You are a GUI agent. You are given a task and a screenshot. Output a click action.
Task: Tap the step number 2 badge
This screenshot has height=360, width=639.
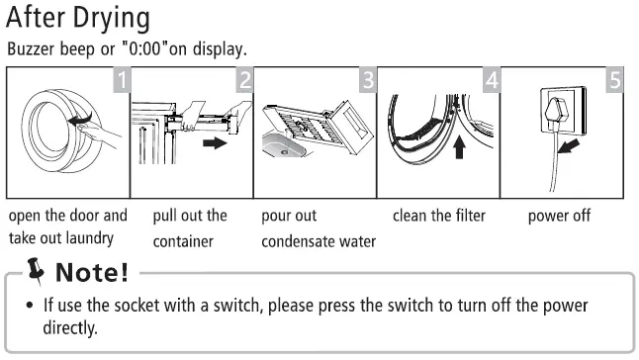(244, 78)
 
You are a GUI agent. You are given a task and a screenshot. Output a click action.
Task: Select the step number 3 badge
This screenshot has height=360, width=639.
(368, 78)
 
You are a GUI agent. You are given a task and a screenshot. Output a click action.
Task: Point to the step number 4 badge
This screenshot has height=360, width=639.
(491, 78)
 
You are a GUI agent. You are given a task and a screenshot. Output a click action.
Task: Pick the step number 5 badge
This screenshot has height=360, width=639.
(613, 78)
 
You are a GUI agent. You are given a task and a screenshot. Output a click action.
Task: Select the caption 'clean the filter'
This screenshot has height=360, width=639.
(438, 216)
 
